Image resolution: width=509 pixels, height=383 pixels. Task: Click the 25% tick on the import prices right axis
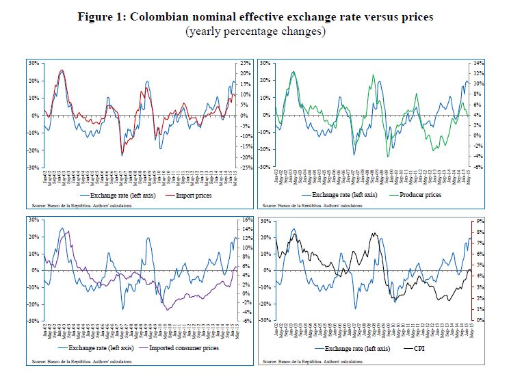click(x=245, y=63)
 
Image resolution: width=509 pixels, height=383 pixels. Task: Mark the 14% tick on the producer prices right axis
click(x=480, y=63)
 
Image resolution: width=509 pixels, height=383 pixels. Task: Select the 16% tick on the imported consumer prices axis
click(x=246, y=220)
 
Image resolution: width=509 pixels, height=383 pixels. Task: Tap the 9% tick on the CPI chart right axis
click(x=479, y=221)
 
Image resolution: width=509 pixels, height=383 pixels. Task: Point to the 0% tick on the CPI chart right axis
click(x=479, y=320)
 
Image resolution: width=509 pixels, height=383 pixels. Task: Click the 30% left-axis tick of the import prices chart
click(x=32, y=63)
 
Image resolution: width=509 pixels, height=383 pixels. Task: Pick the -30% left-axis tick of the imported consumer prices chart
click(x=31, y=320)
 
